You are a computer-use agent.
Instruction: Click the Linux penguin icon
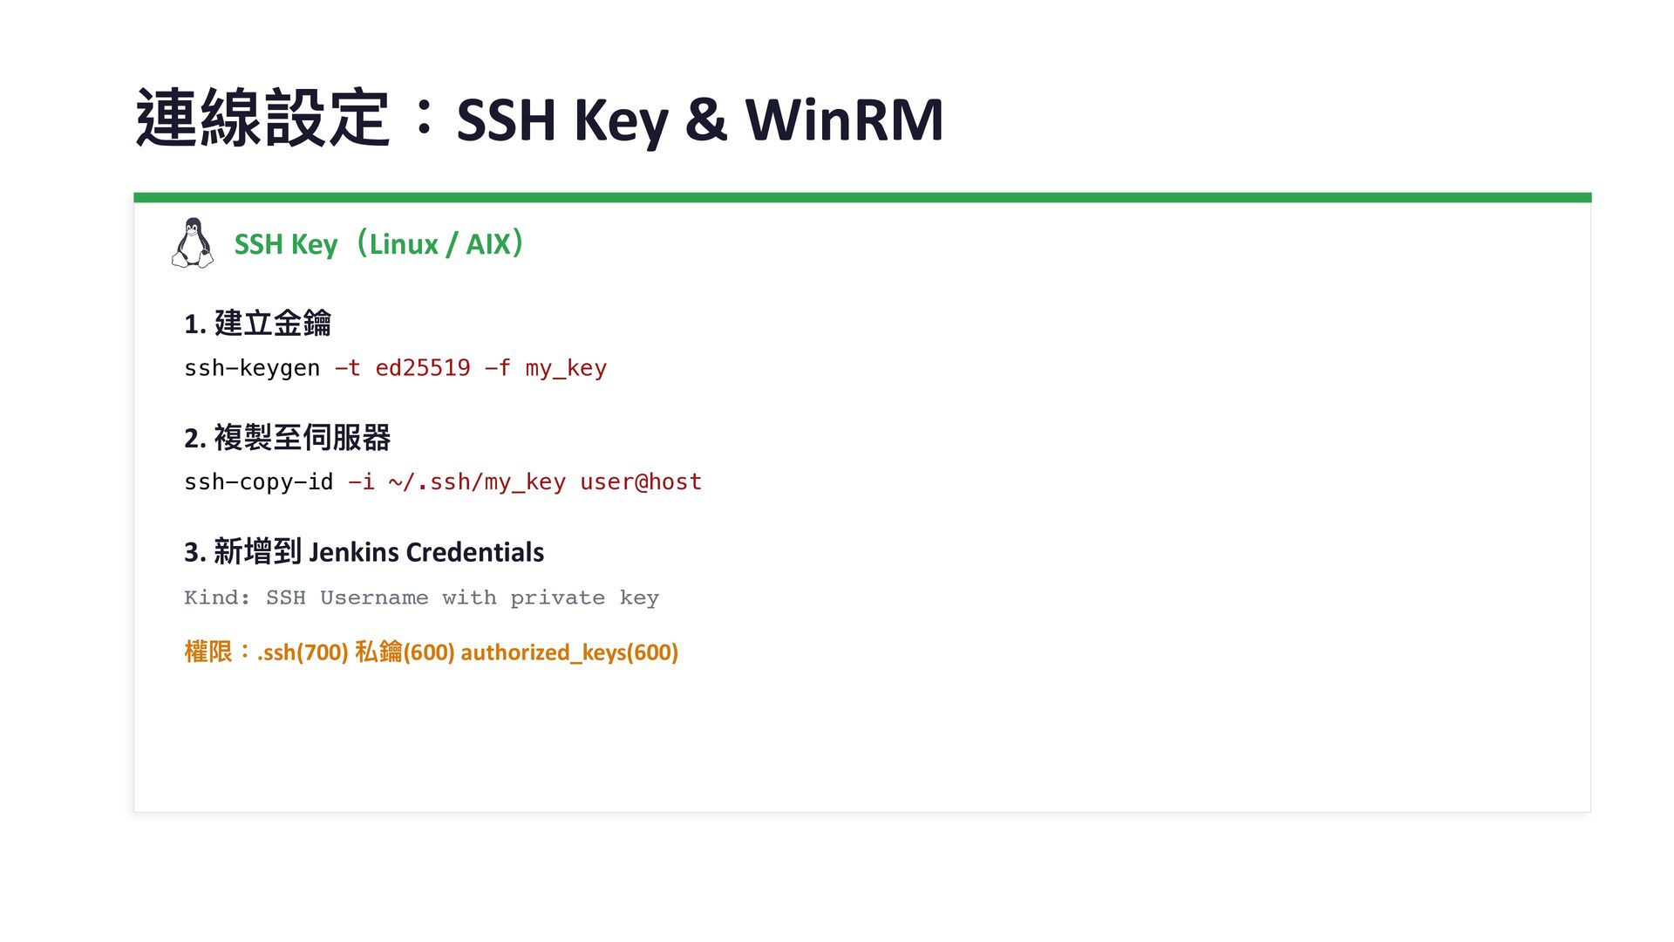tap(193, 243)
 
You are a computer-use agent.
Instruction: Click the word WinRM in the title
tap(843, 119)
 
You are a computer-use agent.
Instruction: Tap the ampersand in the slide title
tap(705, 119)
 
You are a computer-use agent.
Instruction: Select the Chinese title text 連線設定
tap(262, 118)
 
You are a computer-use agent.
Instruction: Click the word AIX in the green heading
tap(487, 244)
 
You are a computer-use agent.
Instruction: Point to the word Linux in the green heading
tap(403, 244)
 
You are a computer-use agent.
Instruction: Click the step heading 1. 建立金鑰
tap(257, 324)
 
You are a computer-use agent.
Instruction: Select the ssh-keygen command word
tap(252, 368)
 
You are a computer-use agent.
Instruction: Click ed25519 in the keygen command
tap(423, 368)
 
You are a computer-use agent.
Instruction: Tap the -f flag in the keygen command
tap(497, 368)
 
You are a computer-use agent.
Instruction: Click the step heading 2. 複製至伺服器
tap(287, 438)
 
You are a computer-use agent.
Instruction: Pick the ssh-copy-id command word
tap(258, 482)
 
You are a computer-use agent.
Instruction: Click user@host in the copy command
tap(641, 482)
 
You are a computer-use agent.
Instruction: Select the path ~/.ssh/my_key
tap(477, 482)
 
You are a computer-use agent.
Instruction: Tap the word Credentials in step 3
tap(475, 552)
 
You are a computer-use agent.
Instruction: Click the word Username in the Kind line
tap(374, 597)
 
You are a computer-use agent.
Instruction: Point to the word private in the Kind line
tap(557, 597)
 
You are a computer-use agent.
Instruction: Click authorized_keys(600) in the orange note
tap(569, 652)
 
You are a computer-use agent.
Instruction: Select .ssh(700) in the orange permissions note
tap(303, 652)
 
